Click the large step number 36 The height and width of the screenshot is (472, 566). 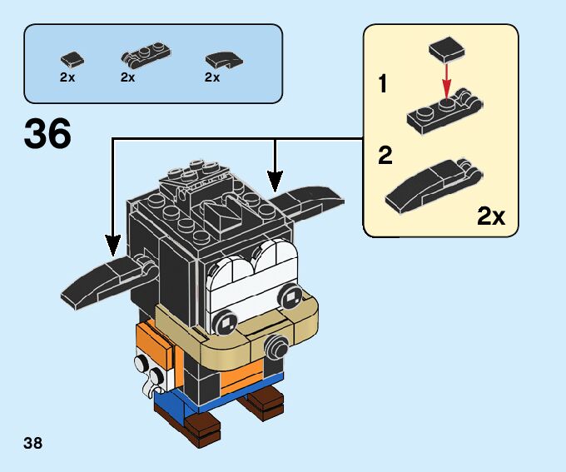point(47,134)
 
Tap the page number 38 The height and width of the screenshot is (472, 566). point(32,443)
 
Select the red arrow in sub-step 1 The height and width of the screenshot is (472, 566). point(447,81)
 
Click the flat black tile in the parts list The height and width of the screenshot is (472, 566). point(72,60)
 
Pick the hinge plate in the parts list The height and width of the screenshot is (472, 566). point(146,55)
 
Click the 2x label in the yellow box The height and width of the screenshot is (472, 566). point(491,216)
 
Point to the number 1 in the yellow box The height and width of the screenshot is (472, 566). point(383,83)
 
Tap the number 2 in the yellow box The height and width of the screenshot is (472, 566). point(385,156)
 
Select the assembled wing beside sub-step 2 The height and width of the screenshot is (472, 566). point(433,186)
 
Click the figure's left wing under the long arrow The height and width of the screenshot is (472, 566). point(108,281)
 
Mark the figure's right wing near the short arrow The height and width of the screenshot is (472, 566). point(307,201)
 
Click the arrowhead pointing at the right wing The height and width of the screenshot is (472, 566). point(275,181)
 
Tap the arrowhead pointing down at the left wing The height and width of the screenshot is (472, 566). point(113,246)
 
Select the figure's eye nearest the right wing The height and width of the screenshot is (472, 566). point(290,296)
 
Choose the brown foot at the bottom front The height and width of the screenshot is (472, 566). point(202,430)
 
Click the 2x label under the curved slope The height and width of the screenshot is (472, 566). point(212,77)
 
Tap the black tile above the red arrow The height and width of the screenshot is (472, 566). point(447,48)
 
